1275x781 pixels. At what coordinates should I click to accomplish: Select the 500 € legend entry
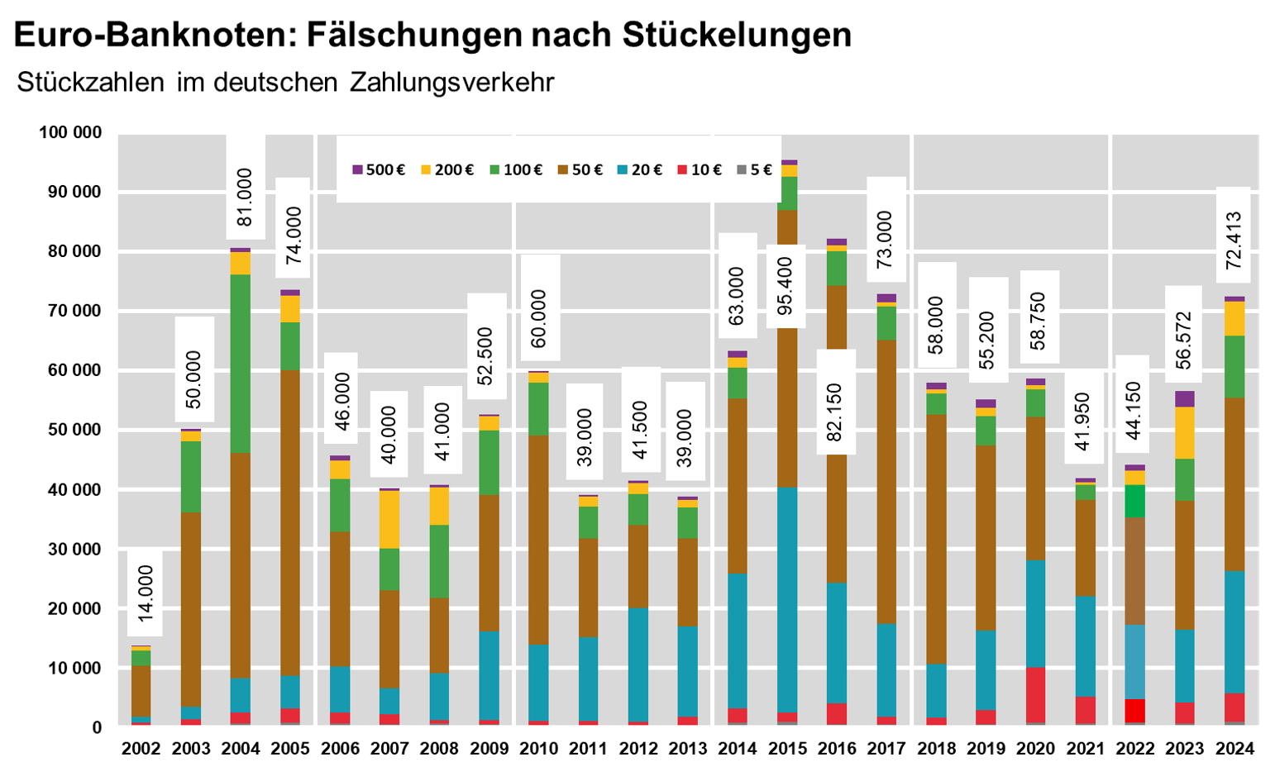[x=379, y=170]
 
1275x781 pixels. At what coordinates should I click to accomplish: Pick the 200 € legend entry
[x=447, y=170]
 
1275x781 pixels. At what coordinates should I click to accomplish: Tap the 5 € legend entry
[x=753, y=170]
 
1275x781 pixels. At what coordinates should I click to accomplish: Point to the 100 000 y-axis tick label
[x=70, y=133]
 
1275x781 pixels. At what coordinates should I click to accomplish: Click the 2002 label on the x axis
[x=141, y=749]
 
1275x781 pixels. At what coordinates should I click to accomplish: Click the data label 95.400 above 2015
[x=786, y=286]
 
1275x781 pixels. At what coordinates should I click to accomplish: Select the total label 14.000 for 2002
[x=146, y=593]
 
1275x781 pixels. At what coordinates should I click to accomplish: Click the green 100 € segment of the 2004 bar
[x=241, y=364]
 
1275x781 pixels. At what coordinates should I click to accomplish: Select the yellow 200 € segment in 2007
[x=389, y=519]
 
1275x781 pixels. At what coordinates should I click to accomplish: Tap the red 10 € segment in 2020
[x=1035, y=694]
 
